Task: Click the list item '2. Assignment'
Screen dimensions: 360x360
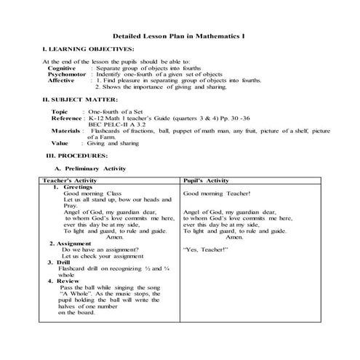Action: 70,244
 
